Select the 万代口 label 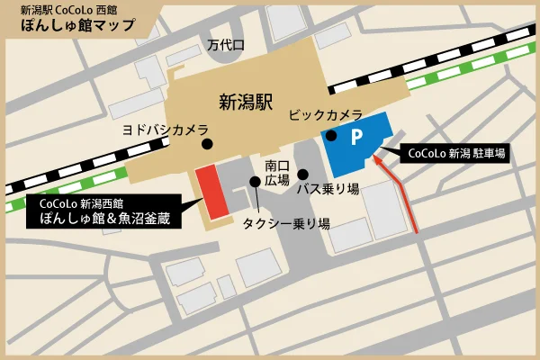click(225, 43)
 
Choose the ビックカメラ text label click(325, 116)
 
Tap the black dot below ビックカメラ click(330, 136)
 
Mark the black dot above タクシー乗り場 click(256, 182)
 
